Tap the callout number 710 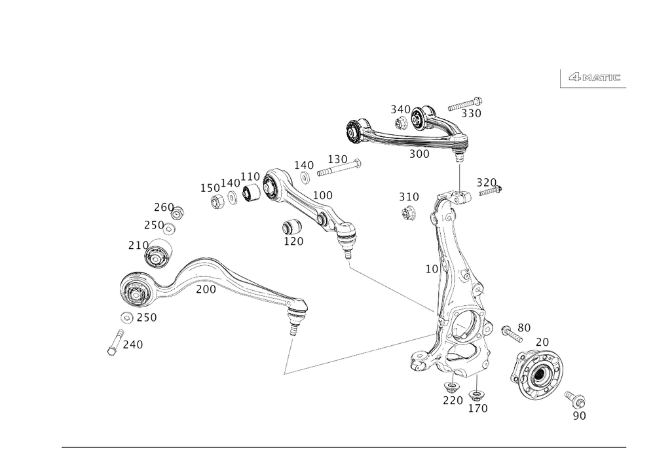[135, 246]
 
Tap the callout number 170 [293, 242]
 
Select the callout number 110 [250, 177]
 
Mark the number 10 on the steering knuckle [431, 269]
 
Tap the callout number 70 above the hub [541, 343]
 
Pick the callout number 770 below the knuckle [453, 399]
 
